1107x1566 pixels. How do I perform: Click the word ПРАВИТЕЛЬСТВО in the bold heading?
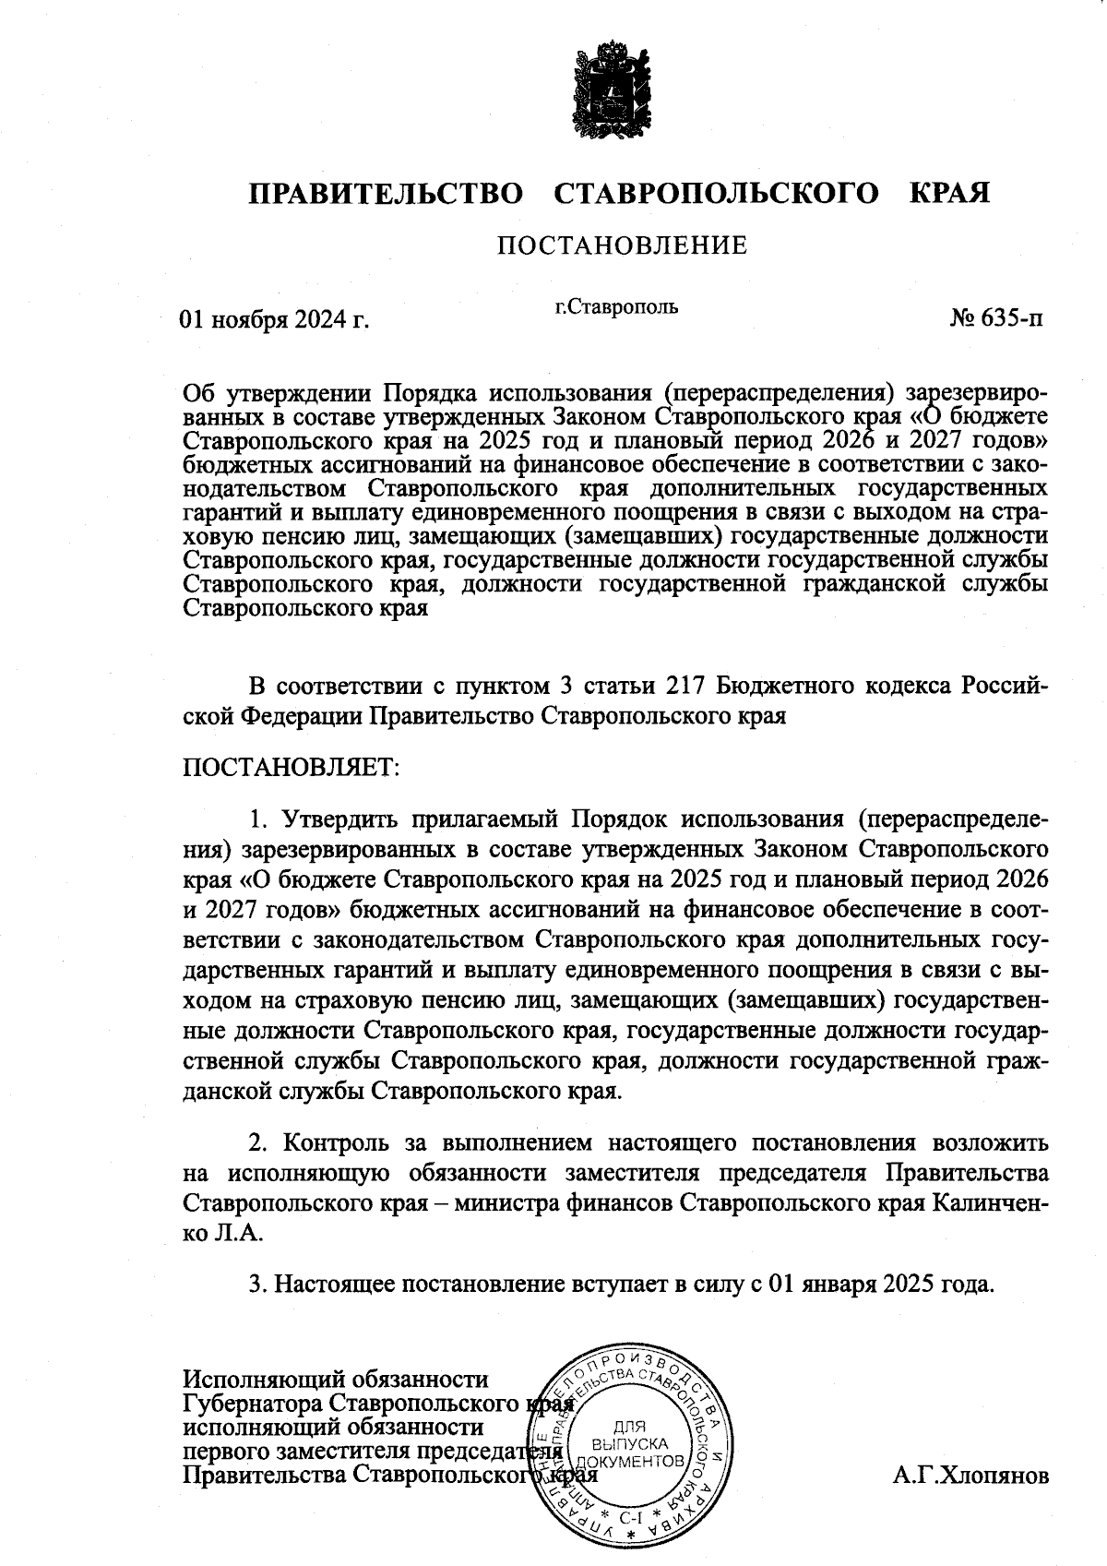[x=386, y=194]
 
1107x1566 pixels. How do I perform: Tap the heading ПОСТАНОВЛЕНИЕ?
[x=622, y=246]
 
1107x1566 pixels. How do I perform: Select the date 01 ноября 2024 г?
[x=274, y=320]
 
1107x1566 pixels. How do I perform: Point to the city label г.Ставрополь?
[x=616, y=306]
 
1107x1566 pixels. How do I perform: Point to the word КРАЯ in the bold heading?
[x=950, y=194]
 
